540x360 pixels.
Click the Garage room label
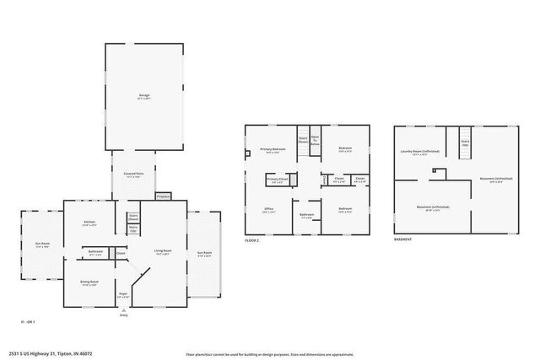(x=144, y=95)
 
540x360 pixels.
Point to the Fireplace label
(x=164, y=196)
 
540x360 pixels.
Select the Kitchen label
(x=89, y=223)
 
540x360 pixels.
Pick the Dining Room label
(x=89, y=282)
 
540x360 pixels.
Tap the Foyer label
(x=122, y=293)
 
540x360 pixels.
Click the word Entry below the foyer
(x=123, y=314)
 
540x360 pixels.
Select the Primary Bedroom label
(x=273, y=148)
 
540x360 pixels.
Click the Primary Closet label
(x=278, y=179)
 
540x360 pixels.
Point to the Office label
(x=268, y=208)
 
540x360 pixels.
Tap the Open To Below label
(x=316, y=140)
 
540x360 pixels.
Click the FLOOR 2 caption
(x=251, y=239)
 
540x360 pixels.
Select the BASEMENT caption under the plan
(x=402, y=239)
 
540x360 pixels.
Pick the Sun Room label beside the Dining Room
(x=41, y=244)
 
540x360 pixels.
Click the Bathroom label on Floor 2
(x=306, y=214)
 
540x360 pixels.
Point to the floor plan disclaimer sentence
(x=268, y=354)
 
